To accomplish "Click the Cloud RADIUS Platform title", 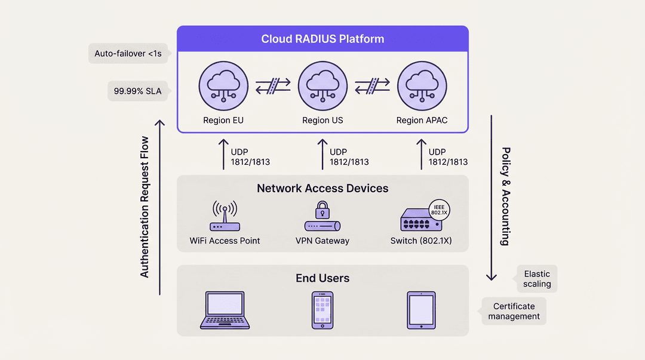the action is (x=322, y=39).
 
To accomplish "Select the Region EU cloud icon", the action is (x=223, y=86).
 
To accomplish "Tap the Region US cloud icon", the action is (x=322, y=86).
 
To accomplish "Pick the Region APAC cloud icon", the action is (x=422, y=86).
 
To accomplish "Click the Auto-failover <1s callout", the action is (x=128, y=54).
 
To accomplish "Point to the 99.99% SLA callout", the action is (x=138, y=91).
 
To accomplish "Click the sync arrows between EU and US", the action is (x=273, y=86).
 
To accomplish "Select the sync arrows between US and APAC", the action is (x=372, y=86).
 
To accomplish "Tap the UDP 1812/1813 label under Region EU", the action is (x=250, y=157).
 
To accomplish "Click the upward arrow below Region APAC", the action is (x=421, y=154).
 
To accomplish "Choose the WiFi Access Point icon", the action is (x=225, y=216).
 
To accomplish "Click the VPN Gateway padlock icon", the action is (x=322, y=210).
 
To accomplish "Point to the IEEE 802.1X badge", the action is (x=439, y=210).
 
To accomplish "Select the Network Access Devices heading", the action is (x=322, y=189).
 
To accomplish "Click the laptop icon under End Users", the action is (x=225, y=310).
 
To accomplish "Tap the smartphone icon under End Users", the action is (x=322, y=310).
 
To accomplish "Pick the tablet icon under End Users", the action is (x=421, y=310).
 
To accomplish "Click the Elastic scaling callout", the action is (x=537, y=279).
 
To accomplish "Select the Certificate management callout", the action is (x=514, y=312).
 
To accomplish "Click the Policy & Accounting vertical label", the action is (x=506, y=196).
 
